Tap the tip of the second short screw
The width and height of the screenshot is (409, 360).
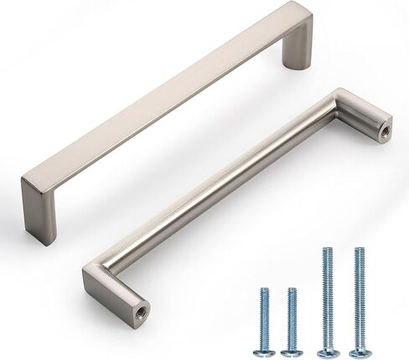coord(292,290)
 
